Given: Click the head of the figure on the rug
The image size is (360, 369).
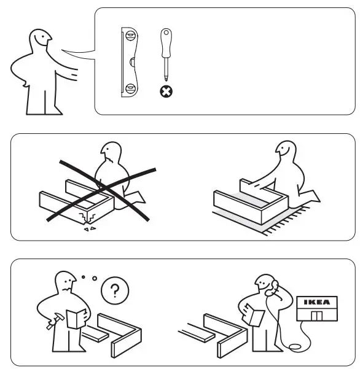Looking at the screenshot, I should point(287,153).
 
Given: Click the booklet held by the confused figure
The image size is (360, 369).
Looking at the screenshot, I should point(72,319).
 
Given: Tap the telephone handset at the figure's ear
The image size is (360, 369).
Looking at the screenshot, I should point(273,287).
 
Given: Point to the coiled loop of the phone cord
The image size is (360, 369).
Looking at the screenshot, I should point(296,348).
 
